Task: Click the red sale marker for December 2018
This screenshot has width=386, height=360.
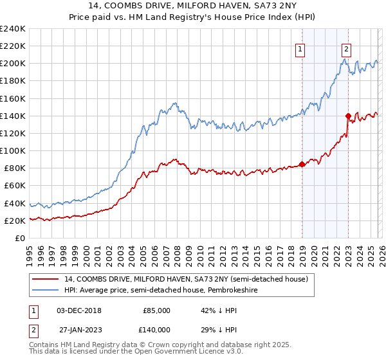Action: pos(302,164)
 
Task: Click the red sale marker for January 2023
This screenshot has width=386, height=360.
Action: pos(349,116)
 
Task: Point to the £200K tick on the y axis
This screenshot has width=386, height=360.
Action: pos(14,64)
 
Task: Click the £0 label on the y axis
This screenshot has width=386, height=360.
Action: pos(19,238)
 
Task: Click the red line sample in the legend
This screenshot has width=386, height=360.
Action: pos(46,279)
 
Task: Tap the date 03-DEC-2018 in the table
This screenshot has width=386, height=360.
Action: pos(78,310)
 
